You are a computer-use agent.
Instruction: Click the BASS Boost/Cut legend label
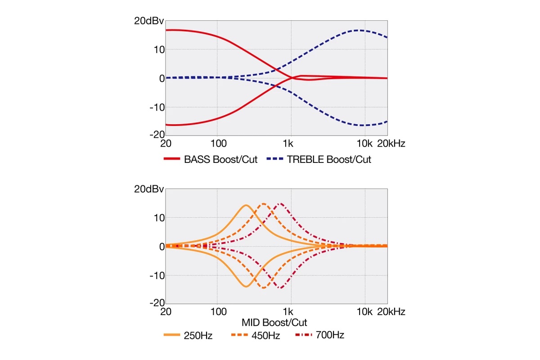(220, 159)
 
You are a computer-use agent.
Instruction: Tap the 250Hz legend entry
(198, 335)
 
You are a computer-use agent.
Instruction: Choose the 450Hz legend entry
(264, 335)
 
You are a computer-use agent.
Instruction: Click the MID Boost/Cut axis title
(274, 323)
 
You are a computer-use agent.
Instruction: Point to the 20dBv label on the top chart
(149, 21)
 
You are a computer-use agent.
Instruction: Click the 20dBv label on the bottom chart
(149, 189)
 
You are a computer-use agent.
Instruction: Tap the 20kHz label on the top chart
(391, 144)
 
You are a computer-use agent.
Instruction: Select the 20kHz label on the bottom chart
(391, 312)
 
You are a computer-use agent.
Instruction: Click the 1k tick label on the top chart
(288, 144)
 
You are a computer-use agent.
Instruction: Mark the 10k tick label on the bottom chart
(364, 312)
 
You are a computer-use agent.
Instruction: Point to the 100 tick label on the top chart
(218, 144)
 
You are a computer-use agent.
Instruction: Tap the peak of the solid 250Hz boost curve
(246, 205)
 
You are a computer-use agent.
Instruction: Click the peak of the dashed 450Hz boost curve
(264, 203)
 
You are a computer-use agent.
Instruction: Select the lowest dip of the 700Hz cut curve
(280, 288)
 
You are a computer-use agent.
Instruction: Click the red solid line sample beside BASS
(171, 159)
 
